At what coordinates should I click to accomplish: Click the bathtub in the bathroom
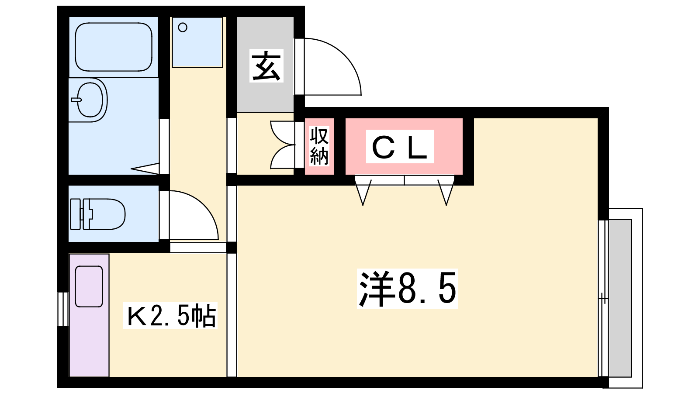114,47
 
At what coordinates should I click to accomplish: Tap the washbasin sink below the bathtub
91,100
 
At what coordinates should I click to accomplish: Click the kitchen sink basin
89,286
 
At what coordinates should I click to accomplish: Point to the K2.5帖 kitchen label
170,316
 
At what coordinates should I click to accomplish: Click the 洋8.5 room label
407,289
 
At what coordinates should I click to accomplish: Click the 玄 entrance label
266,66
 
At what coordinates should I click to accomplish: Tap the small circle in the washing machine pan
183,28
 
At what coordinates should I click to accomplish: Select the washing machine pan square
197,43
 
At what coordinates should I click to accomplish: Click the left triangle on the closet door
363,191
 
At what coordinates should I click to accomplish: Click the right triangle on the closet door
446,191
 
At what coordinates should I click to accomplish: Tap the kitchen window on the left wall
63,309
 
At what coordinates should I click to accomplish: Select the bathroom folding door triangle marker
145,168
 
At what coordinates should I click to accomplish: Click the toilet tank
76,214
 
